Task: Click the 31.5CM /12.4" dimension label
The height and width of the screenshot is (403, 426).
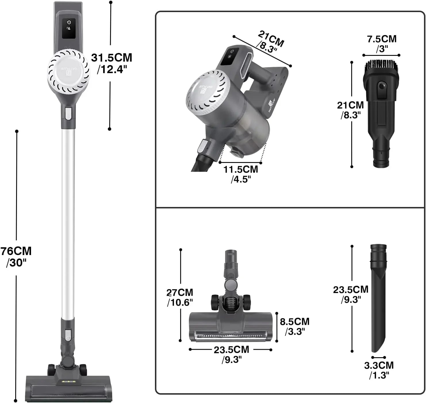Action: pyautogui.click(x=112, y=63)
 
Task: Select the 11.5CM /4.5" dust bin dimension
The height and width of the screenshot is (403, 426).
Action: pyautogui.click(x=241, y=174)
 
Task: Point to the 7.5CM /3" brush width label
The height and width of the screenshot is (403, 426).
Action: pyautogui.click(x=382, y=43)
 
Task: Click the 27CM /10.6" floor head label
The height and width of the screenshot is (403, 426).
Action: pyautogui.click(x=180, y=298)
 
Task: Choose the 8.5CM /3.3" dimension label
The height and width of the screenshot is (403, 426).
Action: pyautogui.click(x=295, y=326)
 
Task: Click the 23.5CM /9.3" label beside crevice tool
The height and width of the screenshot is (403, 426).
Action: pyautogui.click(x=351, y=294)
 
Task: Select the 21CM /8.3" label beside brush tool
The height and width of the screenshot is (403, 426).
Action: pyautogui.click(x=350, y=110)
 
